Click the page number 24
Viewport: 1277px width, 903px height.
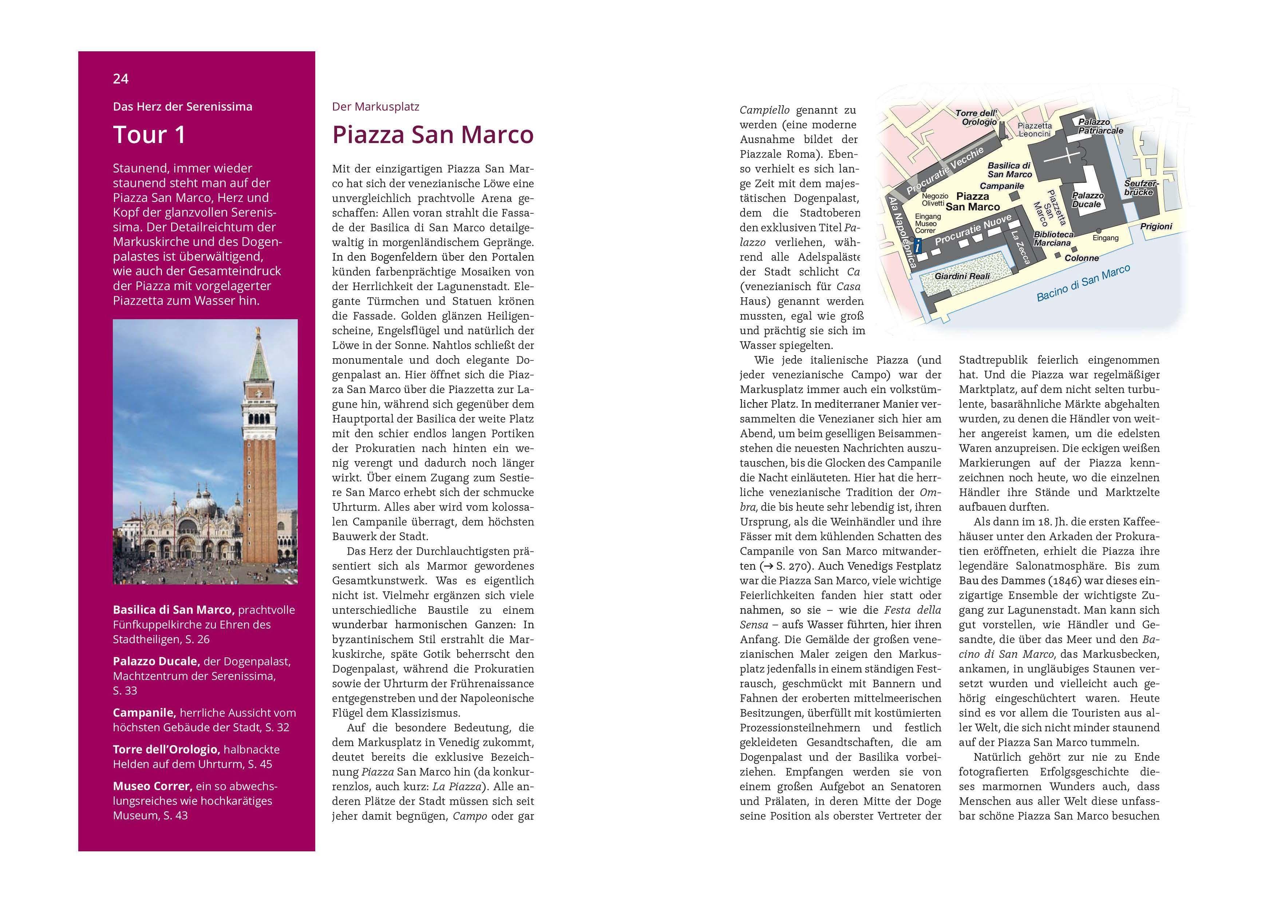121,79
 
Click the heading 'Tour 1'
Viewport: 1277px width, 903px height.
149,135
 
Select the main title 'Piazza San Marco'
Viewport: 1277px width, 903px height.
433,135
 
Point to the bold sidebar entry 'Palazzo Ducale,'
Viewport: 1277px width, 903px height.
156,661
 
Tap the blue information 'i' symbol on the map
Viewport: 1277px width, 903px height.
918,245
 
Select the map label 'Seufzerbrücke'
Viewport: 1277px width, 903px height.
1141,187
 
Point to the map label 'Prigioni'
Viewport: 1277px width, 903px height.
1156,226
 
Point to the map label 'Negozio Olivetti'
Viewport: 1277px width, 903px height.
934,199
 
